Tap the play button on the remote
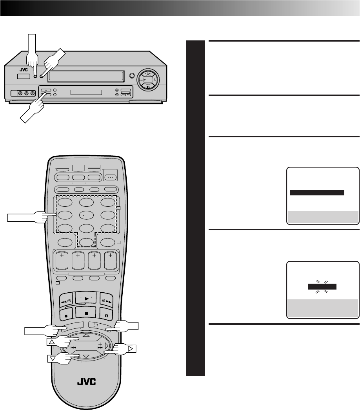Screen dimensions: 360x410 pyautogui.click(x=85, y=299)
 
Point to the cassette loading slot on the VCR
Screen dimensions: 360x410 pyautogui.click(x=85, y=77)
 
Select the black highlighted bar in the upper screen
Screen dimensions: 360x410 pyautogui.click(x=317, y=193)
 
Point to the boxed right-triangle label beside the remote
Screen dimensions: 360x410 pyautogui.click(x=131, y=348)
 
